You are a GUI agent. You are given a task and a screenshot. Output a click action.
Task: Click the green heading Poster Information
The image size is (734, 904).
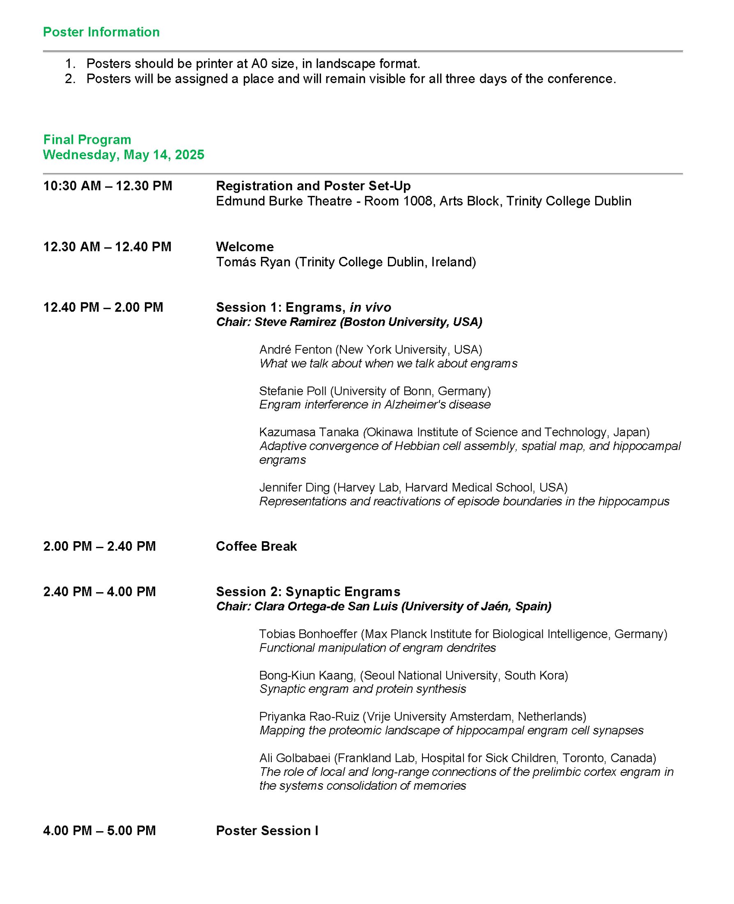point(101,32)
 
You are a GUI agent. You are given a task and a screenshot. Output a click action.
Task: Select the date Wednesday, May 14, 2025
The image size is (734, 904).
point(124,155)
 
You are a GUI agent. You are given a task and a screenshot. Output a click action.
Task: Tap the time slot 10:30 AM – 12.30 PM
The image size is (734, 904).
point(108,186)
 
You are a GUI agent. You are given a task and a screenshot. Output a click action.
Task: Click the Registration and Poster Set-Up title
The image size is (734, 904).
point(313,186)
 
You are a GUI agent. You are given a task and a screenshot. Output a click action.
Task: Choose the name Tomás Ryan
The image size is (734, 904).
point(253,262)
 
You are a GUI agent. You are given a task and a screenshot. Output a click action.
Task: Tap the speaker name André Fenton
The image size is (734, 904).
point(295,350)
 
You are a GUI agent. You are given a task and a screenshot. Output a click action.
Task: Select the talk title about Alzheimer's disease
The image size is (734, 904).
point(375,405)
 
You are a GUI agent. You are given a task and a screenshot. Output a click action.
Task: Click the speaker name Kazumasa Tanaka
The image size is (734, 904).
point(309,432)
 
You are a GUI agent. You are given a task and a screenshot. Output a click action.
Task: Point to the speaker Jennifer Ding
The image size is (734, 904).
point(294,488)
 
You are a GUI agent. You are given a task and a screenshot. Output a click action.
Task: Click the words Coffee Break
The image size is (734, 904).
point(256,547)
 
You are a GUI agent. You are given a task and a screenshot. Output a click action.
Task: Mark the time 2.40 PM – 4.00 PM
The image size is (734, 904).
point(99,592)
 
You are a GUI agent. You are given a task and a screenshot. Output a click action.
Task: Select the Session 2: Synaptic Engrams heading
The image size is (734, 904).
point(308,592)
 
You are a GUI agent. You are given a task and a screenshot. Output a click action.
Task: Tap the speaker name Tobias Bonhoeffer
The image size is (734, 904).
point(308,634)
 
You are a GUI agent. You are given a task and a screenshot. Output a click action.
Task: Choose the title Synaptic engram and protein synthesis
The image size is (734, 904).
point(362,689)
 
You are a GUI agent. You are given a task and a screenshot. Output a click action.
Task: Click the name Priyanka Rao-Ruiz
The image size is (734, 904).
point(309,717)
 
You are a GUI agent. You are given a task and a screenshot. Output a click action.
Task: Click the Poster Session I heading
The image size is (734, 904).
point(267,831)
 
